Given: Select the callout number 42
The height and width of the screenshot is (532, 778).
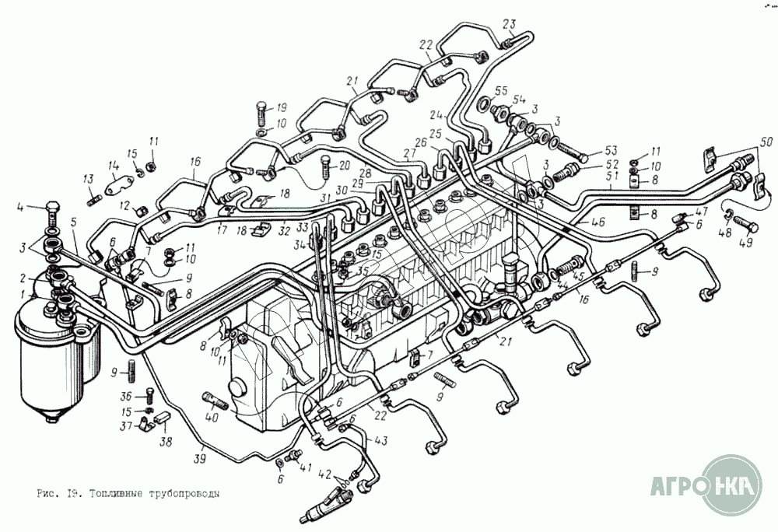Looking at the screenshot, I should point(324,474).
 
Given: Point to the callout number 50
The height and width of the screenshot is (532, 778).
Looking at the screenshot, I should point(766,142).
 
